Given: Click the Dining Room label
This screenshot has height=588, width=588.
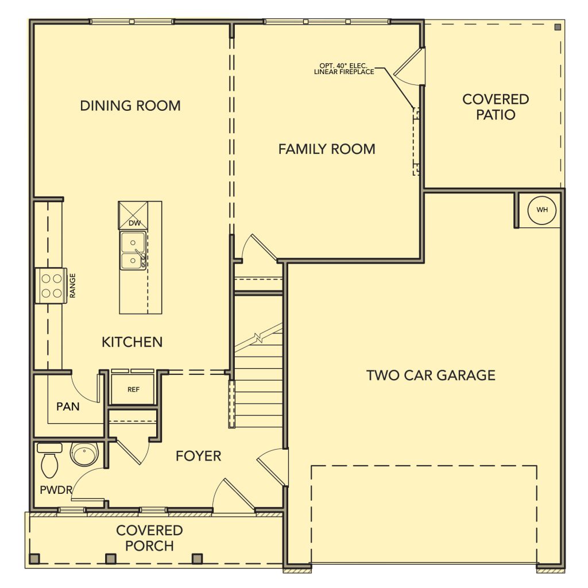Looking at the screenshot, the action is [130, 106].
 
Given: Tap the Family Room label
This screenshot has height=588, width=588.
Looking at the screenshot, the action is [327, 149].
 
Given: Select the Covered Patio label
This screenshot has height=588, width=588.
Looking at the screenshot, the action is [496, 107].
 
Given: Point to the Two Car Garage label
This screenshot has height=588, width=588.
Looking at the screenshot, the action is [431, 376].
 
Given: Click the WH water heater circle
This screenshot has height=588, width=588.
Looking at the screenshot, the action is [542, 210].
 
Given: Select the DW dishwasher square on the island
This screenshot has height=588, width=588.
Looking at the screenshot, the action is [133, 215].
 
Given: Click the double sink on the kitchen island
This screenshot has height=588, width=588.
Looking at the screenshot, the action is [133, 250].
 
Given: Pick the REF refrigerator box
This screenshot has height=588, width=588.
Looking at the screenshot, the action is [133, 389].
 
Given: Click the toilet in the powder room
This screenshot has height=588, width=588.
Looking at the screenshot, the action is [49, 460].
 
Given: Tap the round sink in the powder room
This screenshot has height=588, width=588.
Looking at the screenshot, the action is [84, 454].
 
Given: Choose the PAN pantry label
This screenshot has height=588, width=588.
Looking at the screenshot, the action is [68, 407].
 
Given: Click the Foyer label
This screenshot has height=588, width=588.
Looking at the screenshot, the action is [198, 456].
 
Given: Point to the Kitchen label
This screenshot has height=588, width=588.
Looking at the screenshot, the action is [132, 342].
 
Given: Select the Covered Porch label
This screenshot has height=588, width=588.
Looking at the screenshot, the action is [149, 538].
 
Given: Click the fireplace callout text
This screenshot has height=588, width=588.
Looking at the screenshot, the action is [344, 69].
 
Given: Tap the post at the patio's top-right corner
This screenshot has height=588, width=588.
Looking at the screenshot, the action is [558, 27].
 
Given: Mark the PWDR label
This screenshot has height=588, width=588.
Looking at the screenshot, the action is [56, 490].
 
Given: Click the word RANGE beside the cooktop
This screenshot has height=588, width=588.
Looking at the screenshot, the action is [73, 286].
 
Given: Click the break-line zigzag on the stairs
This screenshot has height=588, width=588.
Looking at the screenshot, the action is [258, 338].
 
